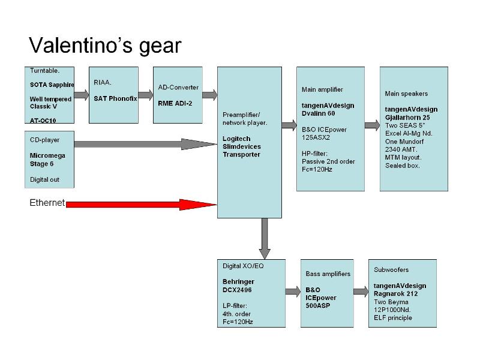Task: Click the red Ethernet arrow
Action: coord(141,205)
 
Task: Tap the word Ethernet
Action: coord(47,203)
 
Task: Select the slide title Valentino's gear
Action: coord(105,45)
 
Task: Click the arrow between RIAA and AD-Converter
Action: coord(146,95)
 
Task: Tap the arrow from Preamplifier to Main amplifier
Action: coord(289,125)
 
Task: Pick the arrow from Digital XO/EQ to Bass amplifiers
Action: coord(293,291)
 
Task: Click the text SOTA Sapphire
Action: coord(52,85)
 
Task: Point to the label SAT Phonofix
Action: coord(115,98)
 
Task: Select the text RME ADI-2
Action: coord(175,103)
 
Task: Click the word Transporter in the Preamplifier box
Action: coord(241,155)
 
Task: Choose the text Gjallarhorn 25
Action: coord(407,118)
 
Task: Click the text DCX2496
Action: coord(236,290)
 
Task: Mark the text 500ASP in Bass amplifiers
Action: coord(318,305)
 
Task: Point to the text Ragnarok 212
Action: coord(395,294)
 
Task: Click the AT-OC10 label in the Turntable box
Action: coord(43,121)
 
